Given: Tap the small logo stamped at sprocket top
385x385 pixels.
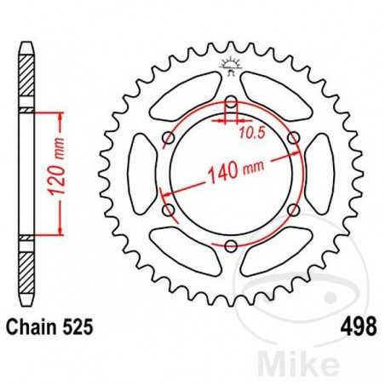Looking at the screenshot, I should tap(231, 64).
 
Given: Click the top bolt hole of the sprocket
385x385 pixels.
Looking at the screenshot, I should tap(231, 104).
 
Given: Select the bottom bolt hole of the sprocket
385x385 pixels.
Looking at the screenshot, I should tap(231, 246).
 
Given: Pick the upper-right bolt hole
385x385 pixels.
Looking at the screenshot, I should tap(293, 139).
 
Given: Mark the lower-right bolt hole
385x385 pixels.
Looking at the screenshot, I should tap(293, 210).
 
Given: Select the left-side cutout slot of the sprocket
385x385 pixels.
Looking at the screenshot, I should tap(141, 175).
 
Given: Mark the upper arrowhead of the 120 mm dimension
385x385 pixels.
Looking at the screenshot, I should tap(56, 113).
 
